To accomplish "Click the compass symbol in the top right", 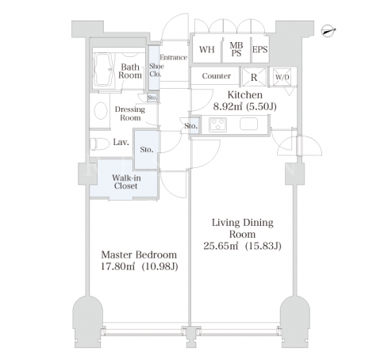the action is point(328,31).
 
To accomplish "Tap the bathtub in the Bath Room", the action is point(104,70).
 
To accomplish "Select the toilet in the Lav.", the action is point(100,144).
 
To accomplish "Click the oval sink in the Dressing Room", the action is point(101,111).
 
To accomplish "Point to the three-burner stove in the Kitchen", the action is point(217,124).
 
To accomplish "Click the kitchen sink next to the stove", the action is point(248,124).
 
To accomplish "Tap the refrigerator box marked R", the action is point(254,77).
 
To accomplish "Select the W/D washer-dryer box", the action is point(282,77).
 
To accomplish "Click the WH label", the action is point(207,50).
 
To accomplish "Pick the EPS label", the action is point(259,50).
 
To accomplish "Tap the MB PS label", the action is point(236,49).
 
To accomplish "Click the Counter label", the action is point(217,76).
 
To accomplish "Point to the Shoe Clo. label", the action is point(156,70).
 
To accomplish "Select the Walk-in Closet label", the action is point(126,182).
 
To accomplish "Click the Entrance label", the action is point(174,57).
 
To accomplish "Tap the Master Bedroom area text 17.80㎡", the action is point(118,266).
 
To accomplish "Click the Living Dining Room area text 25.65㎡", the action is point(221,246).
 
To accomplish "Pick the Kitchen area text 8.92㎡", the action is point(228,106).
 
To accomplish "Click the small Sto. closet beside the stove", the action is point(195,126).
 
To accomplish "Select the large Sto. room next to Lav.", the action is point(147,150).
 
